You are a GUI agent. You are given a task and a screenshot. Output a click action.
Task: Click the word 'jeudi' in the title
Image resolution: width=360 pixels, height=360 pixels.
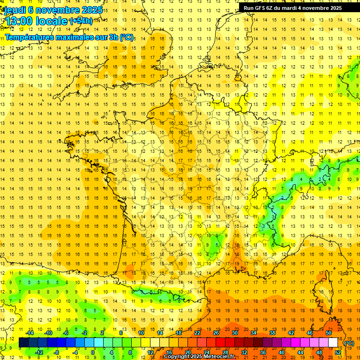click(15, 10)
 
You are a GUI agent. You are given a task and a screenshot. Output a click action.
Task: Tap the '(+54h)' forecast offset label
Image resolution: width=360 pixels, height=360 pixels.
click(81, 21)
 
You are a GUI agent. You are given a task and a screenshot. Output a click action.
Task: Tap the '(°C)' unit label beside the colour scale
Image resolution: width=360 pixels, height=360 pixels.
click(349, 343)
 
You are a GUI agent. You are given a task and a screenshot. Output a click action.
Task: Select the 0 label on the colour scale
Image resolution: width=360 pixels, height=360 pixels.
click(93, 352)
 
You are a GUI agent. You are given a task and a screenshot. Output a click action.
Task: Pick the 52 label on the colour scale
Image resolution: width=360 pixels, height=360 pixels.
click(338, 352)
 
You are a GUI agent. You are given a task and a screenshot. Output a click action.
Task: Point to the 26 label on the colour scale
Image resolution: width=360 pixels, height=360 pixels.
click(216, 333)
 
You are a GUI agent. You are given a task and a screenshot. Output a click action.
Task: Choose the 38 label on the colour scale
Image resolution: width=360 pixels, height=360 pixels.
click(272, 333)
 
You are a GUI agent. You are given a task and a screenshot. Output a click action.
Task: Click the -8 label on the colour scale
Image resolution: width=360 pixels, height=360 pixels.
click(57, 352)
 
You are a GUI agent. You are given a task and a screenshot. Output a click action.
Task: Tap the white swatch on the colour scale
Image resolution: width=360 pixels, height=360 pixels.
click(333, 343)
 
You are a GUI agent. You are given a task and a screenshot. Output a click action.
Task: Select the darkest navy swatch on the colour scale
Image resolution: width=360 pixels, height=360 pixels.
click(23, 343)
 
